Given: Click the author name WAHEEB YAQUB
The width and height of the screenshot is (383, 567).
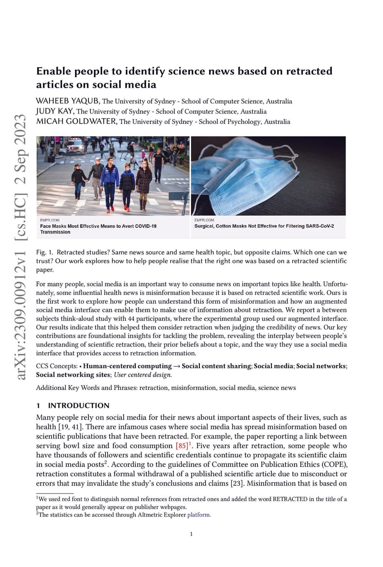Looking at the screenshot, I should (x=68, y=101).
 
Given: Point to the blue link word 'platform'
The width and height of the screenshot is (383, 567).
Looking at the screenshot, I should (x=199, y=515).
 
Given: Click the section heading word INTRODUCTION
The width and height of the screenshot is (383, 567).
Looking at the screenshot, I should (x=79, y=406).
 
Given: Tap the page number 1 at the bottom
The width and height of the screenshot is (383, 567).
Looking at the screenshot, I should (x=191, y=535).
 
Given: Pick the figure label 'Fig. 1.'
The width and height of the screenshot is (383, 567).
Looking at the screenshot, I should (x=44, y=253).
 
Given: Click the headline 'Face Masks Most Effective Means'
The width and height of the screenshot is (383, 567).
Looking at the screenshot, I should (x=98, y=226).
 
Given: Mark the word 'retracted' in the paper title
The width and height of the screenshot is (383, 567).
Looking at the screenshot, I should (x=311, y=72).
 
